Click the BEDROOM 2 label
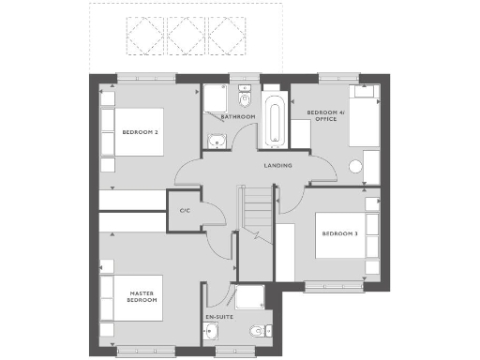pos(140,132)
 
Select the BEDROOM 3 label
pos(339,233)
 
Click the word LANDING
pos(277,166)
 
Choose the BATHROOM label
pos(238,117)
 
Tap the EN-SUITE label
pos(218,318)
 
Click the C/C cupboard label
pos(185,210)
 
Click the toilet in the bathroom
pos(245,97)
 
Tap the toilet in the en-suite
pos(256,333)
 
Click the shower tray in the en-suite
pos(251,299)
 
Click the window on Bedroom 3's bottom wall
pos(333,287)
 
